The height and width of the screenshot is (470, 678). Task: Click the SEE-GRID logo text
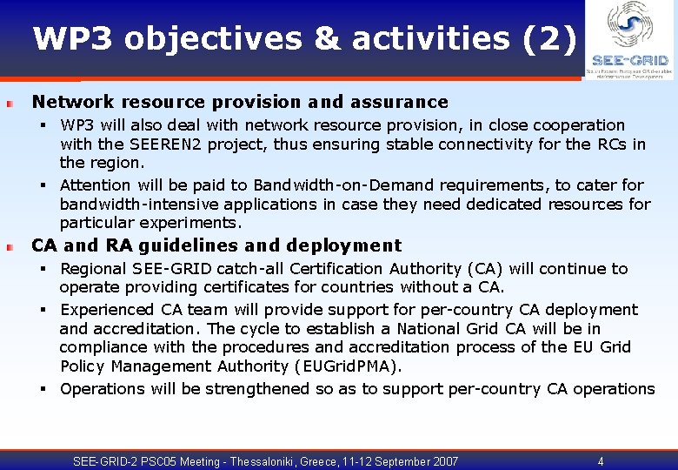tap(629, 61)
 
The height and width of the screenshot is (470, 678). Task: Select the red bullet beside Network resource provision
tap(9, 104)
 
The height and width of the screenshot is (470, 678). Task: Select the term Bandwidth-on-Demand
tap(344, 185)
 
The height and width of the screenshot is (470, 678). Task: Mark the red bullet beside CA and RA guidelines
tap(9, 247)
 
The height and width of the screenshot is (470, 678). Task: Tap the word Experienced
tap(109, 310)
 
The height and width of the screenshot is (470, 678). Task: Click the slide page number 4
tap(601, 461)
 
